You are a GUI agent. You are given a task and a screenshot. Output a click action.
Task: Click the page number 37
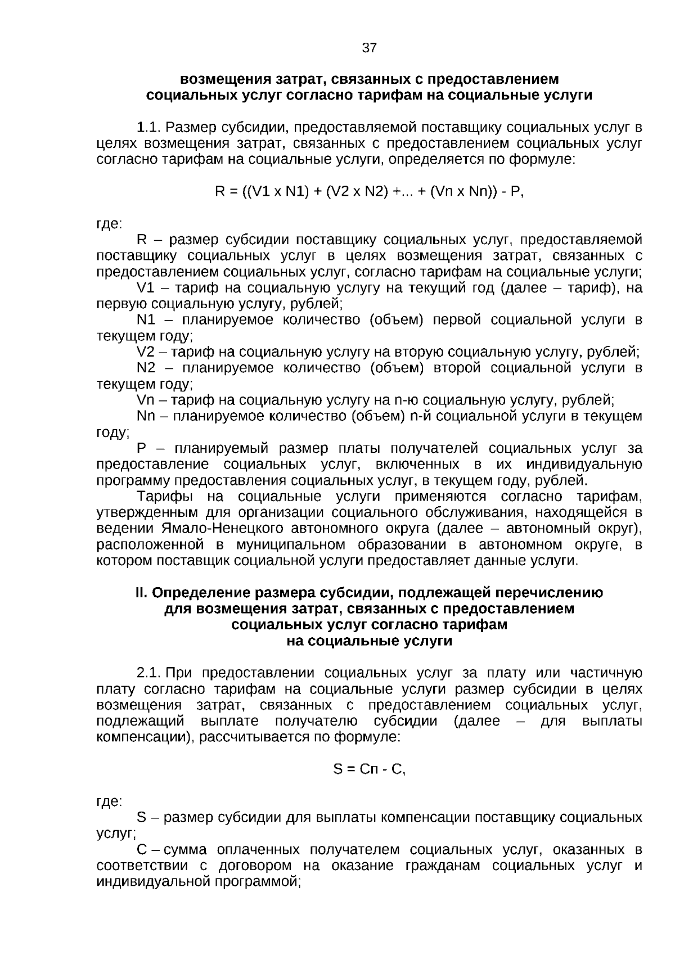pos(369,48)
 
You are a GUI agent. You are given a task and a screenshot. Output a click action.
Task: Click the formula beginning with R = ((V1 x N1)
pos(369,192)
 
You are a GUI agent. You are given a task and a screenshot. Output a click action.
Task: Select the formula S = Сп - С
pos(369,769)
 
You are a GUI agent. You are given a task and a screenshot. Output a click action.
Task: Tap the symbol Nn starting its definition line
pos(146,416)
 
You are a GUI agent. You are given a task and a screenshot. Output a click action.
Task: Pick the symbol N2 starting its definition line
pos(146,368)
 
